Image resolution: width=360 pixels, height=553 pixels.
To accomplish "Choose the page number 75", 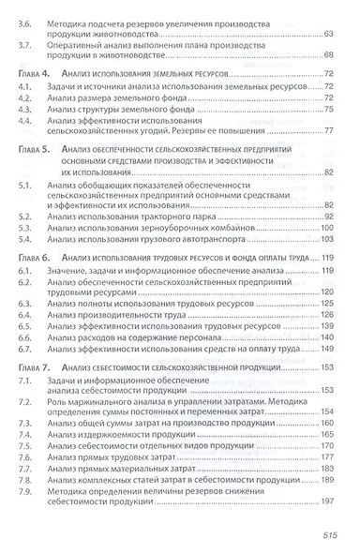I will click(x=328, y=109).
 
